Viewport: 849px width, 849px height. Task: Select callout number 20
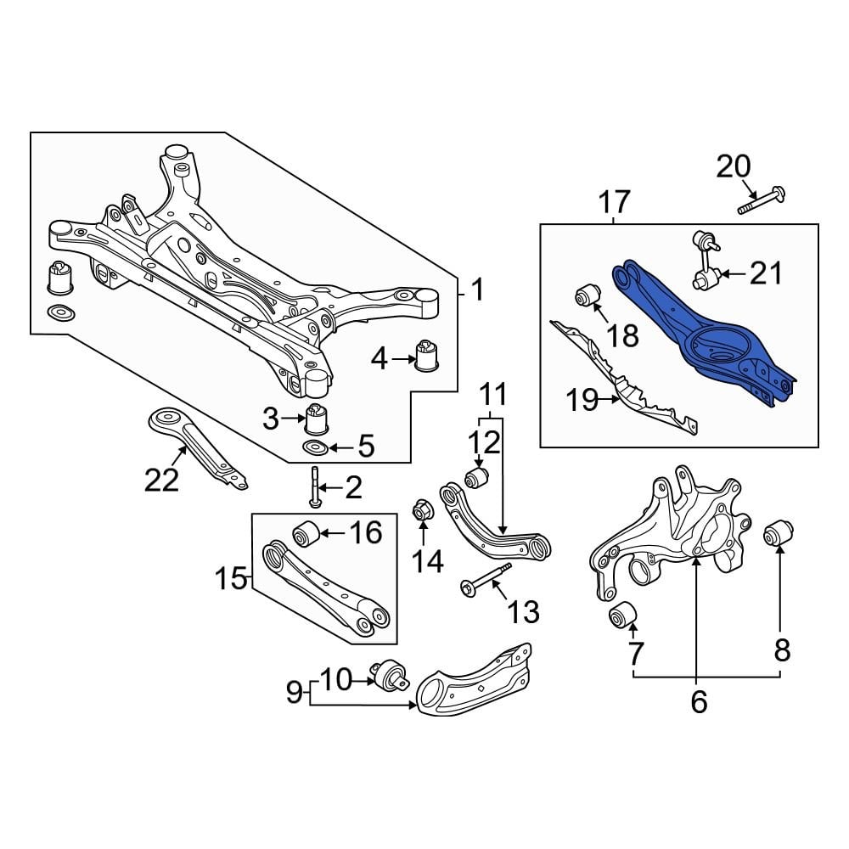click(x=734, y=166)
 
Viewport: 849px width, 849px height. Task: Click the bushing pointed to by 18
click(x=588, y=295)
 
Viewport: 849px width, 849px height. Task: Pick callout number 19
click(x=583, y=400)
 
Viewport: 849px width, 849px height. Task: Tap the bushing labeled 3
click(x=317, y=419)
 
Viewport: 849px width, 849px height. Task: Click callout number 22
click(x=161, y=480)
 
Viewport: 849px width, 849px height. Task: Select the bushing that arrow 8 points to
click(x=778, y=536)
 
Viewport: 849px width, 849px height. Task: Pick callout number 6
click(x=698, y=702)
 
